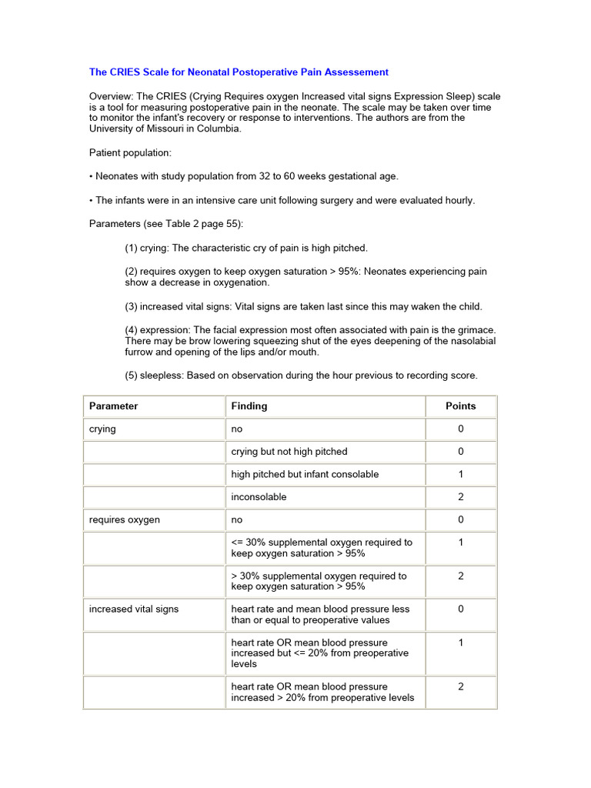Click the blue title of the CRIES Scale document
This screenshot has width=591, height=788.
click(239, 72)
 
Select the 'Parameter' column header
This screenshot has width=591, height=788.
click(114, 406)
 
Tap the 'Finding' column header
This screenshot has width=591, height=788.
click(249, 406)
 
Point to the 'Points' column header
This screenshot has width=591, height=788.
click(461, 406)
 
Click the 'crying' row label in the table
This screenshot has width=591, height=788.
click(102, 429)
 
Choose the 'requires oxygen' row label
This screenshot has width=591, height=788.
click(125, 520)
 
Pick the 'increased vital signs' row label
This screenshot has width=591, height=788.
click(134, 609)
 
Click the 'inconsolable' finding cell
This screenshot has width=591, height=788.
click(259, 497)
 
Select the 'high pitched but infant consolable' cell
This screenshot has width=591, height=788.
click(305, 475)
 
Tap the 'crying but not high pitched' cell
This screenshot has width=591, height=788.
click(289, 452)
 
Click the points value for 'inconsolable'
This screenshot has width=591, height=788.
click(461, 497)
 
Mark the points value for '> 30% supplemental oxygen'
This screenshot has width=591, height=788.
click(461, 576)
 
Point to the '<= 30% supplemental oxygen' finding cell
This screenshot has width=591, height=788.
click(322, 548)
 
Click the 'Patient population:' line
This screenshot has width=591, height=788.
click(130, 153)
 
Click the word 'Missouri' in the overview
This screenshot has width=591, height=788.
click(158, 129)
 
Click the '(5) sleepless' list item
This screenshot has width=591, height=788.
click(301, 376)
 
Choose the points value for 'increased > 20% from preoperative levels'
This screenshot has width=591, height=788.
click(461, 687)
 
